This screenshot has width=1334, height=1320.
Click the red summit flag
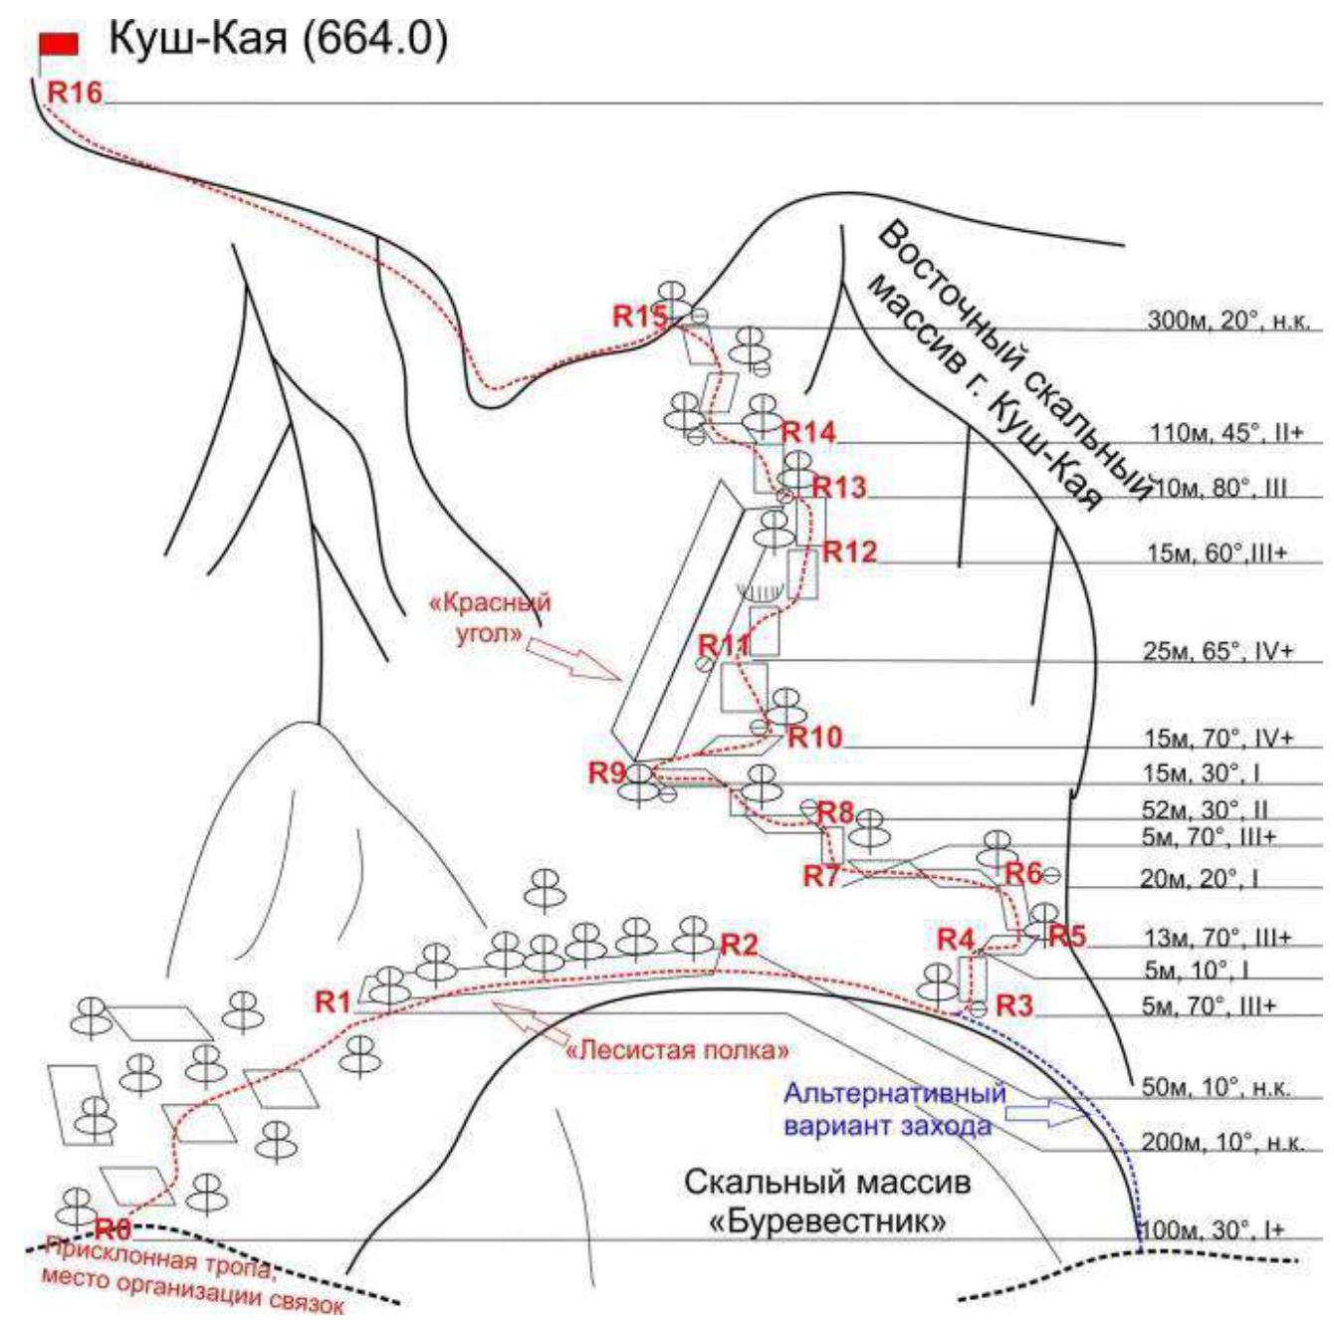(58, 43)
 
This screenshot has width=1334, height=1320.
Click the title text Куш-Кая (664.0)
(278, 40)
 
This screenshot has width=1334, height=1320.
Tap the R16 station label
(75, 93)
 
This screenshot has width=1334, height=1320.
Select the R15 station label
(638, 317)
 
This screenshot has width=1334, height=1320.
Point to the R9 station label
(606, 771)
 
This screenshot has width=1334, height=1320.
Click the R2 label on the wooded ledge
(739, 944)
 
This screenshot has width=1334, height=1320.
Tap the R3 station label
(1013, 1005)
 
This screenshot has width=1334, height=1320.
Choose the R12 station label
(848, 551)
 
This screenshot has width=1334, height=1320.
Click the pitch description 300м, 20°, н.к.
(1228, 321)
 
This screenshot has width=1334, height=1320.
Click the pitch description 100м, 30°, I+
(1212, 1230)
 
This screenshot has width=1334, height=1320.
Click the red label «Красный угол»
(488, 616)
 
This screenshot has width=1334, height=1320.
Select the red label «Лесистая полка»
(677, 1049)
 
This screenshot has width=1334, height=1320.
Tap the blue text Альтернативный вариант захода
(893, 1109)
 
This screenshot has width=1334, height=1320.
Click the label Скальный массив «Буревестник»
(826, 1203)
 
